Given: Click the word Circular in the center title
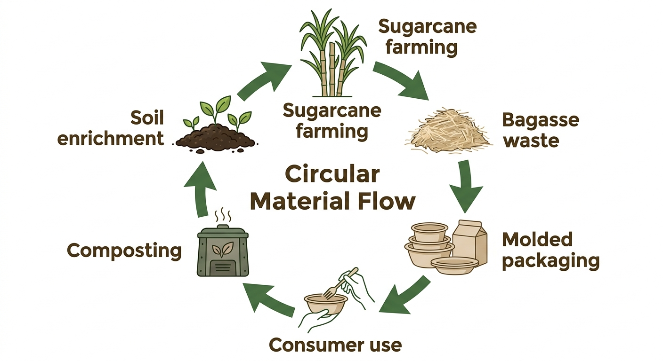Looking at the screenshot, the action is pyautogui.click(x=332, y=174).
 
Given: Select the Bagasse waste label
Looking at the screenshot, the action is pyautogui.click(x=541, y=130).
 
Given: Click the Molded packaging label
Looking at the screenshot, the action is pyautogui.click(x=550, y=251).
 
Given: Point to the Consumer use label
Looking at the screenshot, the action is pyautogui.click(x=335, y=345).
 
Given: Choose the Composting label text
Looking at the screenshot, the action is pyautogui.click(x=124, y=251).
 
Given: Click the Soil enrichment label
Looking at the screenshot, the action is pyautogui.click(x=111, y=128).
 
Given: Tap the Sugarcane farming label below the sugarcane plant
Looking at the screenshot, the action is pyautogui.click(x=332, y=121).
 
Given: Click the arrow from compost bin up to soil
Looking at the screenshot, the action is pyautogui.click(x=201, y=189).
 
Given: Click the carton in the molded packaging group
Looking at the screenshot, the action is pyautogui.click(x=470, y=242).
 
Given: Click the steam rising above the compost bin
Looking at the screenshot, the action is pyautogui.click(x=223, y=215).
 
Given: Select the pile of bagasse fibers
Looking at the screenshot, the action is pyautogui.click(x=448, y=131).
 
